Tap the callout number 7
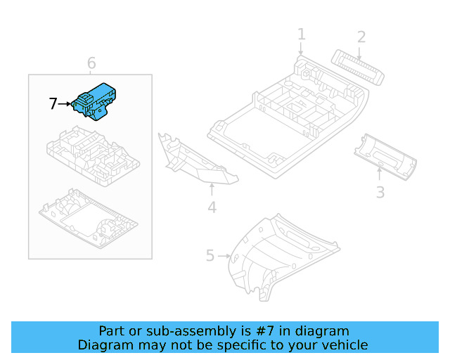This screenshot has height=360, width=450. pyautogui.click(x=53, y=104)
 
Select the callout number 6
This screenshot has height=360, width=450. pyautogui.click(x=91, y=64)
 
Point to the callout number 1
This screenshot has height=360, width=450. pyautogui.click(x=301, y=34)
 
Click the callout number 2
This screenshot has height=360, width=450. pyautogui.click(x=361, y=37)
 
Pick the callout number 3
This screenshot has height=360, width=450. pyautogui.click(x=380, y=191)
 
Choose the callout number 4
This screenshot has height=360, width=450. pyautogui.click(x=212, y=207)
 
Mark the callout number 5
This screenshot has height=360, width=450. pyautogui.click(x=210, y=255)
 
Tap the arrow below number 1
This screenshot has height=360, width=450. pyautogui.click(x=301, y=49)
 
